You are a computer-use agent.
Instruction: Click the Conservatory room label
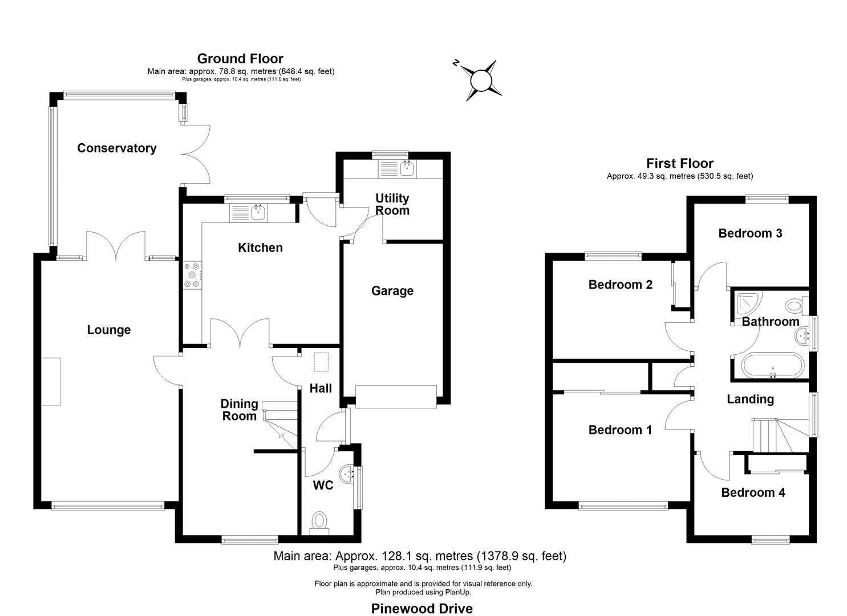coord(116,148)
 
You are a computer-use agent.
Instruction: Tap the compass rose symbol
coord(480,80)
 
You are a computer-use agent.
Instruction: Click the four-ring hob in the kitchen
coord(192,275)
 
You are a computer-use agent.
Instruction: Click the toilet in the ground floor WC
coord(319,522)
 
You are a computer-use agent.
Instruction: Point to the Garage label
coord(392,291)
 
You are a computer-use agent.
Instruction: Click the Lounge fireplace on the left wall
coord(51,382)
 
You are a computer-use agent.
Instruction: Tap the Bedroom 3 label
coord(749,233)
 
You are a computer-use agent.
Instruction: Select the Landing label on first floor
coord(750,399)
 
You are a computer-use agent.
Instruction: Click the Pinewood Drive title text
coord(422,609)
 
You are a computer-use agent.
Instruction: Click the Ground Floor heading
coord(240,59)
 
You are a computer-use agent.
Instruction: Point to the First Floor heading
coord(679,164)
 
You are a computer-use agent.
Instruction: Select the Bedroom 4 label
coord(753,493)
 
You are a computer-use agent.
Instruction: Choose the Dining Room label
coord(239,410)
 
